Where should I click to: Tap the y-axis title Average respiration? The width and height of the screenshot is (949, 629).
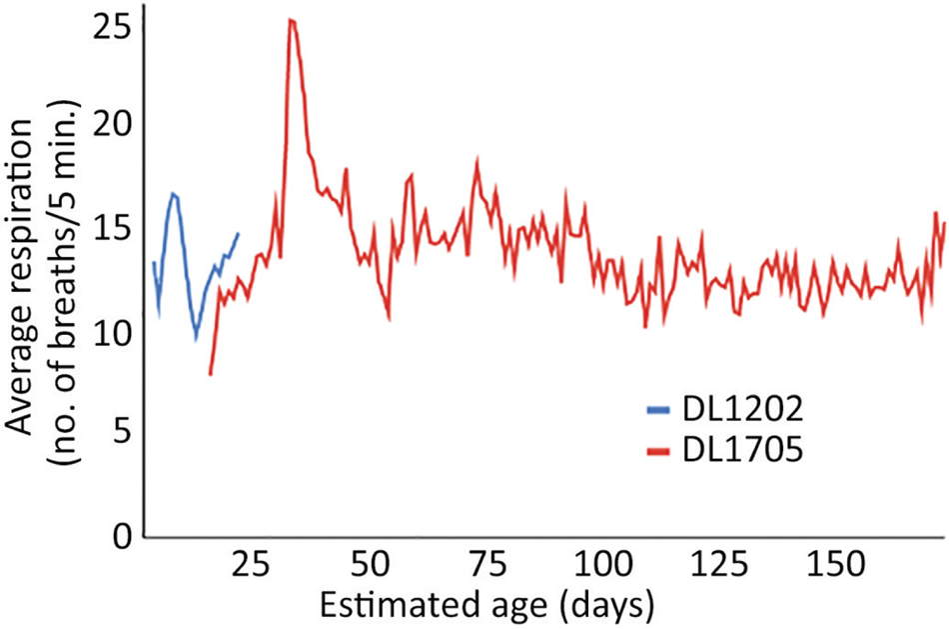coord(24,270)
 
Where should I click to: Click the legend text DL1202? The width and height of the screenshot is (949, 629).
coord(742,409)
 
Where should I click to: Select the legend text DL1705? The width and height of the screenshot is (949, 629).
coord(742,452)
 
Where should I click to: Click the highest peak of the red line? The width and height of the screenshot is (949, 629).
coord(291,20)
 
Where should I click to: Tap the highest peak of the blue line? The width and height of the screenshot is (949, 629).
coord(173,194)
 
